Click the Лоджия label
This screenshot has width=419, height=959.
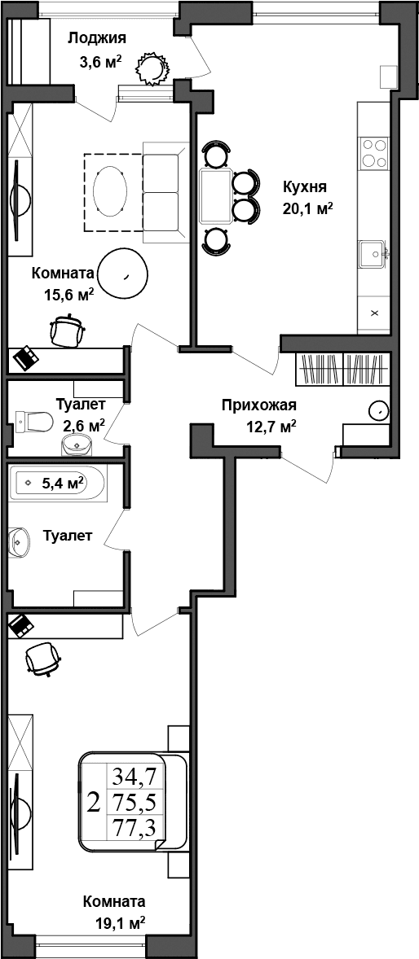point(96,38)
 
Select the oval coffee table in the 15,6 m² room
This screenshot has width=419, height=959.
point(109,192)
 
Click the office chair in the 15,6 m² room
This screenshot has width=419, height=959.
point(68,330)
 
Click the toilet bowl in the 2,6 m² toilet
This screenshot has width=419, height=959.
point(33,421)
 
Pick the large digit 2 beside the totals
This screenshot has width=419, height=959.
point(93,803)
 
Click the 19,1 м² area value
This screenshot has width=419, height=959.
point(120,922)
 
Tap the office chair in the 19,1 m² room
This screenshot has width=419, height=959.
point(42,658)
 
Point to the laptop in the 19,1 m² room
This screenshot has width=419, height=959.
point(21,625)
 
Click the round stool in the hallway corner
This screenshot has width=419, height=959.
point(378,410)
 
